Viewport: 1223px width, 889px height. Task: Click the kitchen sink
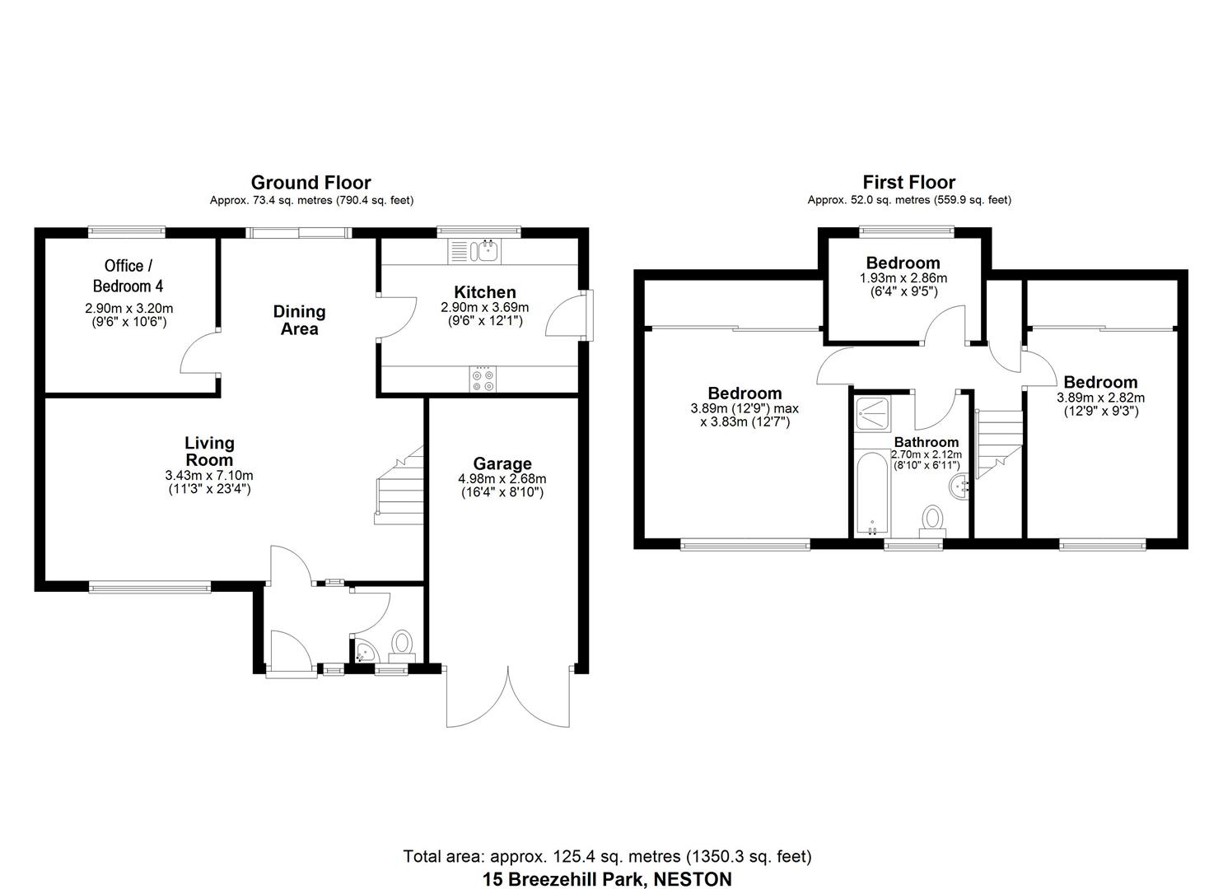click(x=474, y=250)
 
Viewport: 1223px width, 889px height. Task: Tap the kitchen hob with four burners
click(x=482, y=379)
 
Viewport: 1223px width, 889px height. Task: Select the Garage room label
click(x=502, y=463)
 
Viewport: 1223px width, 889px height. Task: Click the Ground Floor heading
click(x=310, y=182)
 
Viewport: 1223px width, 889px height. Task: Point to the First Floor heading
click(x=908, y=182)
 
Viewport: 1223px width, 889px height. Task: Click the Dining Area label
click(x=299, y=320)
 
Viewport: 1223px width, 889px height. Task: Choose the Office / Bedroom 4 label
click(x=128, y=276)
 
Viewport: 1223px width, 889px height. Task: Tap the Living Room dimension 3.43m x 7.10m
click(x=208, y=476)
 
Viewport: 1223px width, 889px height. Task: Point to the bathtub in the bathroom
click(x=870, y=492)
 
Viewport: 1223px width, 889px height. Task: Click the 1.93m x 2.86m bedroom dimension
click(x=903, y=278)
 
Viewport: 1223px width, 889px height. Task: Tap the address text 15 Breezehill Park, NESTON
click(x=607, y=878)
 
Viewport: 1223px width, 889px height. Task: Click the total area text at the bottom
click(x=607, y=856)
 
